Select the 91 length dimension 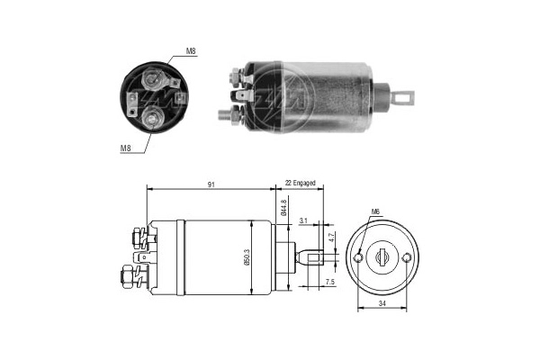coord(210,184)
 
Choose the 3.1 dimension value coord(304,220)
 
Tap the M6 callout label coord(375,212)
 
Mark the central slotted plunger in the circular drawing coord(383,257)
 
